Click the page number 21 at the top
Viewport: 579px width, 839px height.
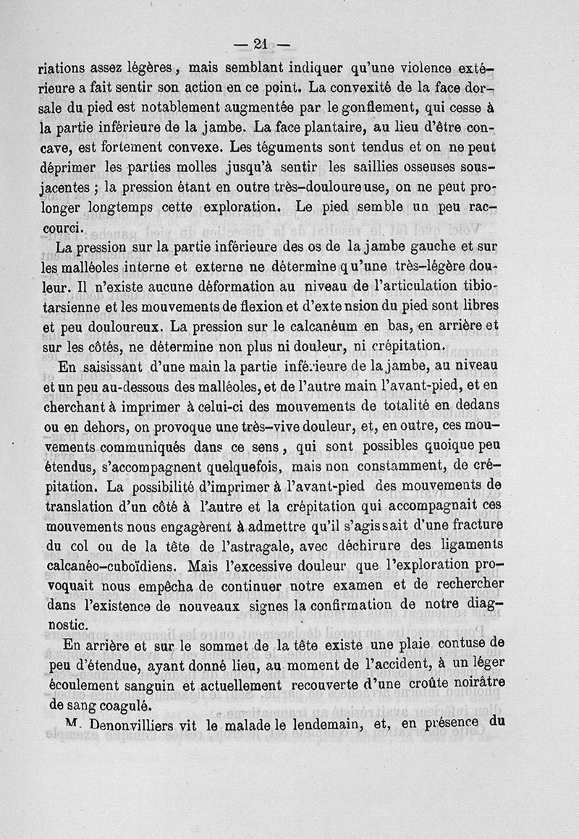click(261, 45)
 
